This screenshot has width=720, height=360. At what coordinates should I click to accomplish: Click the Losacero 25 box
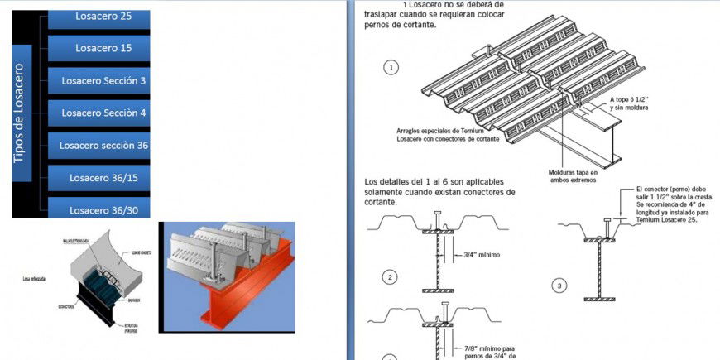coord(99,17)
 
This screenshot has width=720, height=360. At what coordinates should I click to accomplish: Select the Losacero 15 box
coord(99,48)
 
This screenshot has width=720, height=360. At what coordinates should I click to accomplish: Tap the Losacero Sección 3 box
coord(99,80)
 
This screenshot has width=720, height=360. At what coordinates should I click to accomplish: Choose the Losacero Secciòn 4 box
coord(99,113)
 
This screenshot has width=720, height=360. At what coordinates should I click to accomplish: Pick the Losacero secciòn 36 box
coord(99,145)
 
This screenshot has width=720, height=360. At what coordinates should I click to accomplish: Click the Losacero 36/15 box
coord(99,177)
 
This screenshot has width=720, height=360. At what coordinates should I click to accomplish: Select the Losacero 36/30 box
coord(99,209)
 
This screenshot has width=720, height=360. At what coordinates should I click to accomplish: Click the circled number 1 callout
coord(391,68)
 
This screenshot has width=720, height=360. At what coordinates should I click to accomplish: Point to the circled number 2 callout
coord(391,277)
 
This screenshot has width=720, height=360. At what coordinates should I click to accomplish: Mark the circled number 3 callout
coord(559,286)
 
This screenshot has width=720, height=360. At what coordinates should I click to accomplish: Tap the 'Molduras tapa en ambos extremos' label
coord(572,177)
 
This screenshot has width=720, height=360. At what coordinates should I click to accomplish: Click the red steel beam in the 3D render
coord(248,298)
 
